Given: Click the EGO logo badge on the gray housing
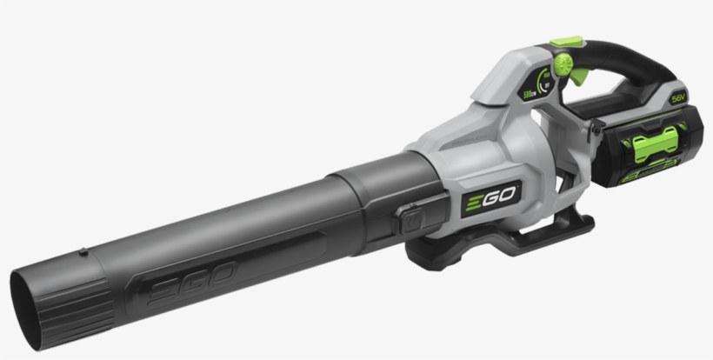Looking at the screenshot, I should pos(490,198).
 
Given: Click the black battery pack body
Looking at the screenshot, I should pos(635,157).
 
